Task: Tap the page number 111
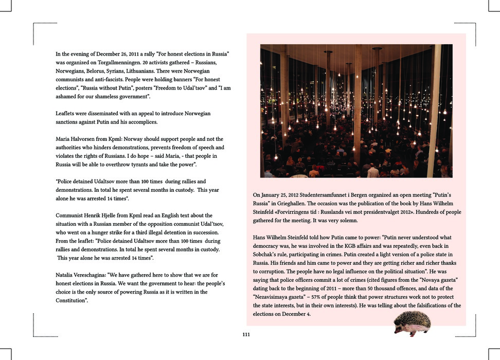click(x=246, y=335)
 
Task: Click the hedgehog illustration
click(x=412, y=323)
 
